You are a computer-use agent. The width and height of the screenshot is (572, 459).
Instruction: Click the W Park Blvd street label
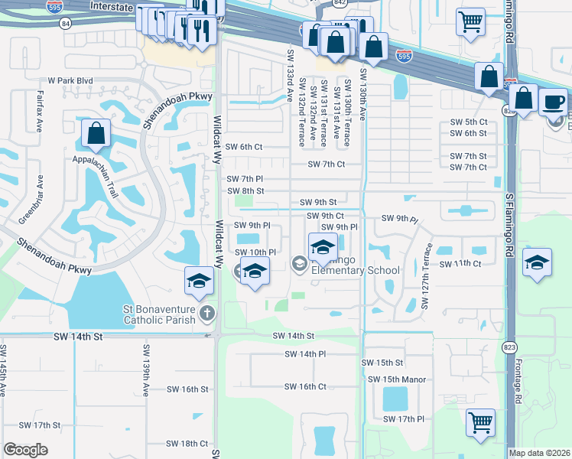(x=70, y=80)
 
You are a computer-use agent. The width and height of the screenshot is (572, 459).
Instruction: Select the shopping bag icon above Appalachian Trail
(x=96, y=134)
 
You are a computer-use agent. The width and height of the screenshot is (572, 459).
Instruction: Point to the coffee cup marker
(x=553, y=101)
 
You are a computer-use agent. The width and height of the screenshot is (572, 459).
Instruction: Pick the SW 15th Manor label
(x=397, y=379)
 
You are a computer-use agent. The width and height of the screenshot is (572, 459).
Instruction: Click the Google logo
(x=25, y=450)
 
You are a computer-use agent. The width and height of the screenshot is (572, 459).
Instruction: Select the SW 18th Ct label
(x=187, y=444)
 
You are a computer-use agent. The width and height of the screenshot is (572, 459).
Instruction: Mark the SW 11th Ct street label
(x=460, y=264)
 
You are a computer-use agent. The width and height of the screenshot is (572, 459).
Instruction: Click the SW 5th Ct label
(x=468, y=122)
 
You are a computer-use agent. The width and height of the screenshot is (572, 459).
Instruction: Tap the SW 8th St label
(x=245, y=191)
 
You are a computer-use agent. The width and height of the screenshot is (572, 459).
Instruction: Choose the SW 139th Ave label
(x=145, y=371)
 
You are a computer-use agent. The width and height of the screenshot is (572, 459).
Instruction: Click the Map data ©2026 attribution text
(x=539, y=453)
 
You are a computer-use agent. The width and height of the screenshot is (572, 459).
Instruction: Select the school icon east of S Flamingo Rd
(x=538, y=263)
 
